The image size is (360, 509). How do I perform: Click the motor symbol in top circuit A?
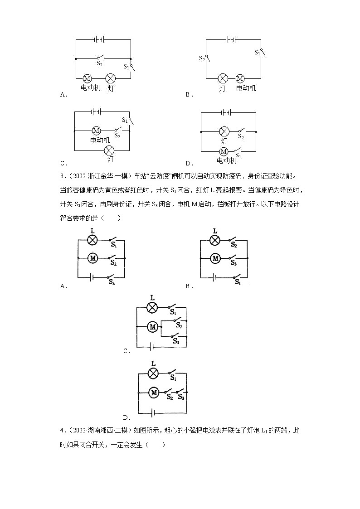88,78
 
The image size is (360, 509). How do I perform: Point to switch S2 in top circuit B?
206,58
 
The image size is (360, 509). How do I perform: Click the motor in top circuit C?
96,131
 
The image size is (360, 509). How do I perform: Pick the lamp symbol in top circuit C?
109,150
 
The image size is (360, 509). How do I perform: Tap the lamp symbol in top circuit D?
224,131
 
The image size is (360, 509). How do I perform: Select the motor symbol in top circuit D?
224,151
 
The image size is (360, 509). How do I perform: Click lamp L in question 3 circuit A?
92,240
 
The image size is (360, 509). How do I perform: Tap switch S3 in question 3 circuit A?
110,277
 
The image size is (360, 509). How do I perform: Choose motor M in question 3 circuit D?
154,393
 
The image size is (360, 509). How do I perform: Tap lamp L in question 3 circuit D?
154,373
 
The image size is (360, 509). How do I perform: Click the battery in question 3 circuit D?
153,412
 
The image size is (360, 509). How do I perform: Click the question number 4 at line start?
62,430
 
